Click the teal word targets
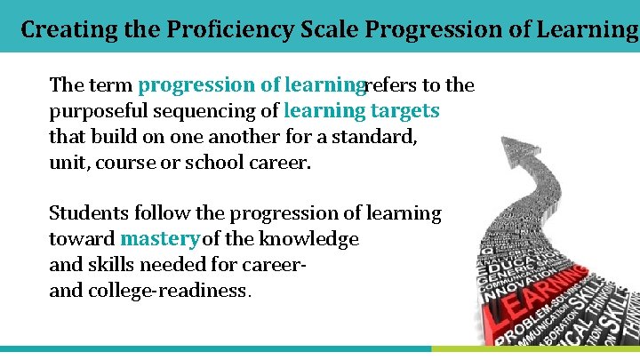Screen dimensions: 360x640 click(x=404, y=112)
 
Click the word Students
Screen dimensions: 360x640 click(x=89, y=213)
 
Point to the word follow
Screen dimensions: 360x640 click(x=160, y=213)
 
